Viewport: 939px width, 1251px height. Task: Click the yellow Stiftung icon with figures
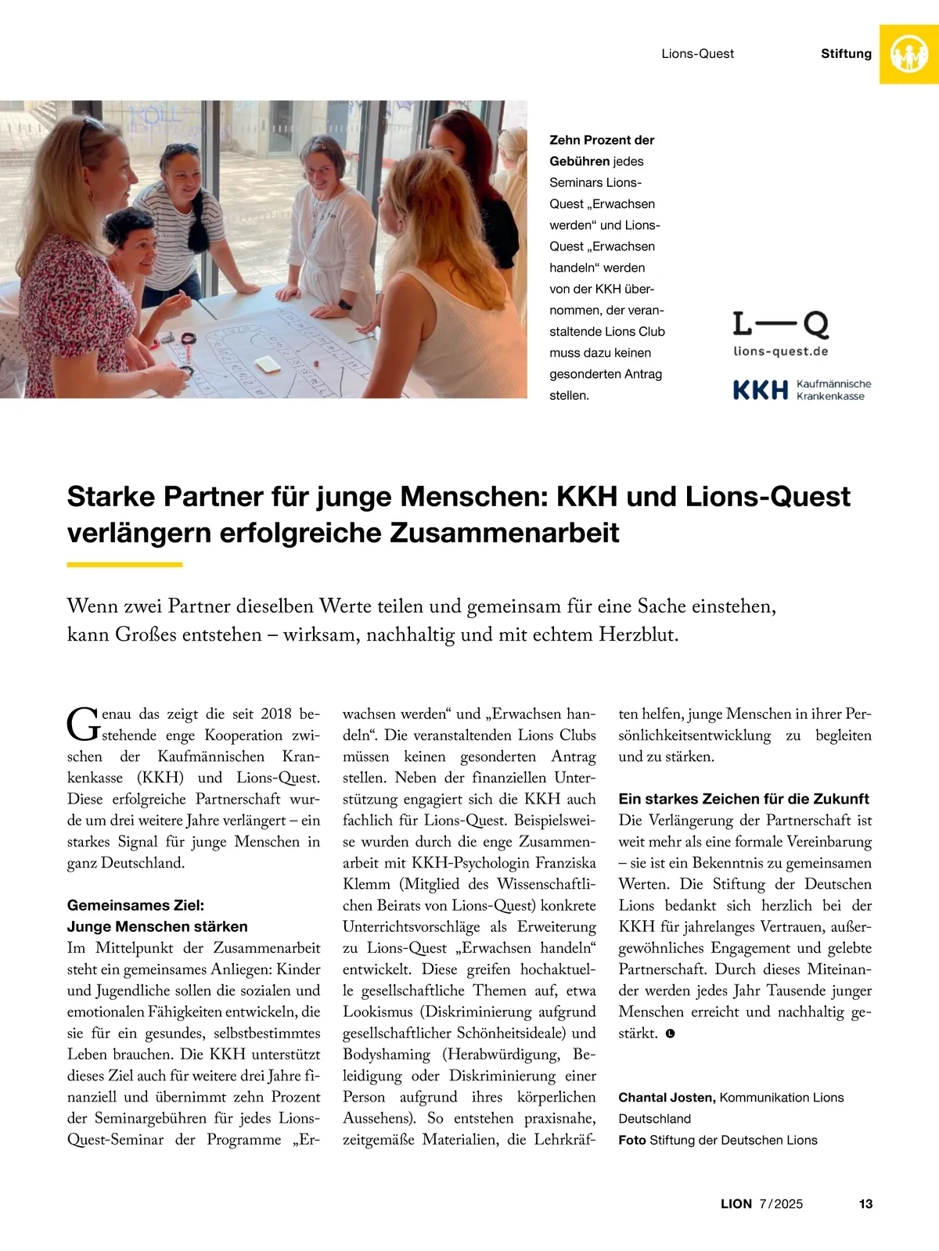coord(909,54)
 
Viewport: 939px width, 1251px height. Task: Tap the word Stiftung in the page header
coord(846,54)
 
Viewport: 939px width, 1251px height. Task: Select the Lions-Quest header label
coord(697,54)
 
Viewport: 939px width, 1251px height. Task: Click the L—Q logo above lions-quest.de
coord(780,324)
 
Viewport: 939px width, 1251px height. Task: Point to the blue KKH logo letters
coord(760,390)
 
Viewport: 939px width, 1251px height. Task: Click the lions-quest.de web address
coord(780,351)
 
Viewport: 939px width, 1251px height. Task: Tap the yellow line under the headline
coord(124,564)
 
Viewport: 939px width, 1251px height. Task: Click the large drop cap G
coord(82,725)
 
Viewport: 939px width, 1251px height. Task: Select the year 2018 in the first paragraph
coord(275,714)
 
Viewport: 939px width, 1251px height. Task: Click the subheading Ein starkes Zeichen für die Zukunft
coord(743,799)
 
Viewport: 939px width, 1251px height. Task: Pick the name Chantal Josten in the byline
coord(666,1098)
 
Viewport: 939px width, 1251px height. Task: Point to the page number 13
coord(865,1204)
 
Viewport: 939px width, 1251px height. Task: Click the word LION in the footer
coord(736,1204)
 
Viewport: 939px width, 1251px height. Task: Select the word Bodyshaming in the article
coord(387,1055)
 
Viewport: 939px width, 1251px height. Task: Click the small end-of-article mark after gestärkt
coord(670,1034)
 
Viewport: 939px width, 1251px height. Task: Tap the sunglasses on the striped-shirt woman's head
coord(182,148)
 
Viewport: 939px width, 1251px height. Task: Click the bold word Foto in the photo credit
coord(632,1140)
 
